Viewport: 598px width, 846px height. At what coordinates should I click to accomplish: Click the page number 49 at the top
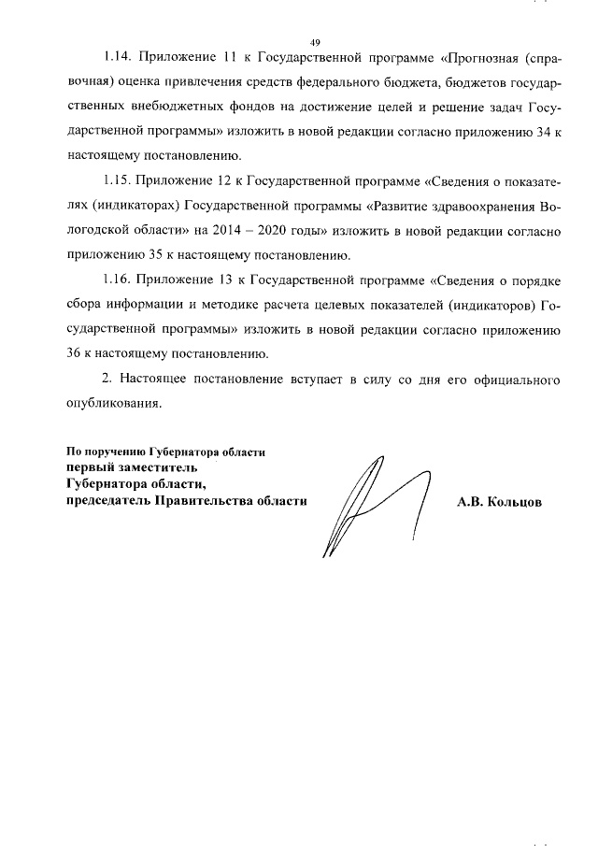315,42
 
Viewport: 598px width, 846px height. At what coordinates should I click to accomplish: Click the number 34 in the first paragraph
537,135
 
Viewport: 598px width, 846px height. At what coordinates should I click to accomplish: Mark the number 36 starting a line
75,353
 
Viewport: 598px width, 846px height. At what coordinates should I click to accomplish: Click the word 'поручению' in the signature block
115,452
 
